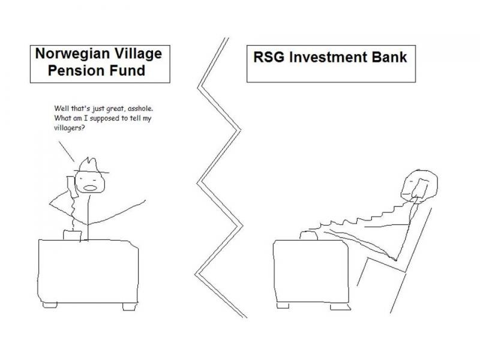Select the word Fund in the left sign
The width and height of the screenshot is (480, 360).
pos(127,70)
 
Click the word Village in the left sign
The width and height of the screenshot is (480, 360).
pos(138,53)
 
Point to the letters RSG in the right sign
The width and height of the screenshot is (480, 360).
pos(269,57)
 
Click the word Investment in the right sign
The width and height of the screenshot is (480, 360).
pos(328,57)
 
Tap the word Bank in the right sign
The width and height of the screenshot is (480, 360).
pos(389,57)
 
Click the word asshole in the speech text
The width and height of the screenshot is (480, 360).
pos(140,109)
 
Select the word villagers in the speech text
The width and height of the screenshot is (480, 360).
pos(69,128)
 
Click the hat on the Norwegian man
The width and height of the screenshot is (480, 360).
pos(91,166)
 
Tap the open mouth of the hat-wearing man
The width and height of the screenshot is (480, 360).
pos(90,188)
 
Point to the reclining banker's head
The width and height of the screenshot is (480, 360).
pos(419,186)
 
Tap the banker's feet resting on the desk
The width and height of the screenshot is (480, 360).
pos(308,235)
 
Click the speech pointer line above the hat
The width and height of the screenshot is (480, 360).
pos(67,152)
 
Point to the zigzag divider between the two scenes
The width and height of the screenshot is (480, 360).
pos(220,178)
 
